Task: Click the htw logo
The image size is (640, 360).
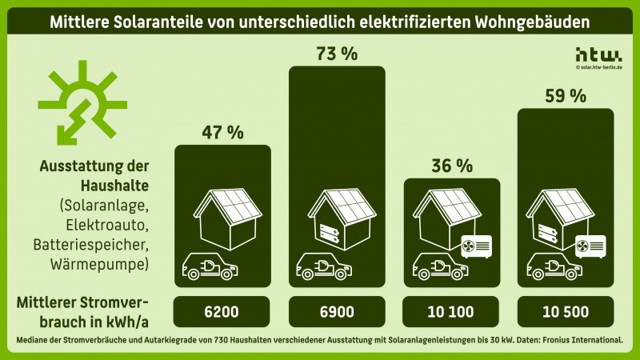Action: [x=598, y=54]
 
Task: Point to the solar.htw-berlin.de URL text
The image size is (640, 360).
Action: [x=599, y=68]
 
